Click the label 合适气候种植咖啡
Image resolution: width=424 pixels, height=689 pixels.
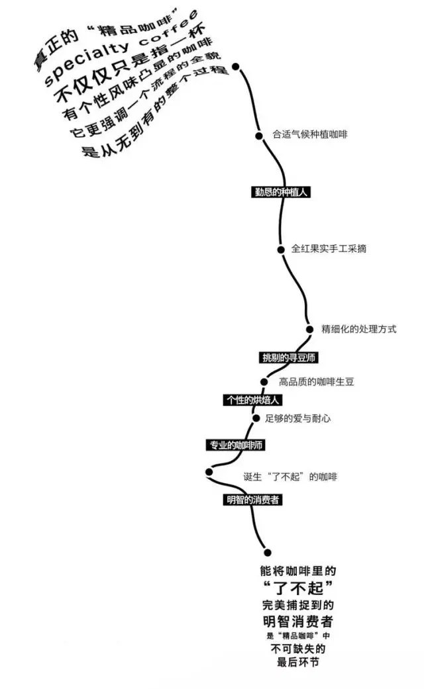pyautogui.click(x=310, y=134)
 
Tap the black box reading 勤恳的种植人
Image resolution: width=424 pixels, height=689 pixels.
pyautogui.click(x=278, y=193)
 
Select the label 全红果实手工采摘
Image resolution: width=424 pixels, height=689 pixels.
pyautogui.click(x=329, y=249)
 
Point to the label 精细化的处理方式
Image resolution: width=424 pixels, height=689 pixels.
pyautogui.click(x=359, y=329)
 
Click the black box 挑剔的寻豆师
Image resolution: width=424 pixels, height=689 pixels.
pyautogui.click(x=290, y=357)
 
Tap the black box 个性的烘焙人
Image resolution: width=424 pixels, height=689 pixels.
pyautogui.click(x=251, y=400)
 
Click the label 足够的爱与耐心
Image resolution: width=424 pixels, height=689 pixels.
pyautogui.click(x=297, y=418)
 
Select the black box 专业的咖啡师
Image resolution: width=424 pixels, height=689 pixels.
pyautogui.click(x=235, y=445)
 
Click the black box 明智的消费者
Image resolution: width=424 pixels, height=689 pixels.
pyautogui.click(x=252, y=500)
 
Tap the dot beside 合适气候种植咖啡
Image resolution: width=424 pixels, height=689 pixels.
pyautogui.click(x=259, y=136)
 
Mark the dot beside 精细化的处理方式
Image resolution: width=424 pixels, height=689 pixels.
pyautogui.click(x=309, y=329)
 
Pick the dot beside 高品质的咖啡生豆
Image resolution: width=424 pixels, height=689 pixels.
pyautogui.click(x=264, y=382)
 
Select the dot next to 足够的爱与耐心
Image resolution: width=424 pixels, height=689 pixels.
pyautogui.click(x=255, y=418)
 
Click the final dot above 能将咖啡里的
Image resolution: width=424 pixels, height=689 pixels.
pyautogui.click(x=267, y=552)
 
